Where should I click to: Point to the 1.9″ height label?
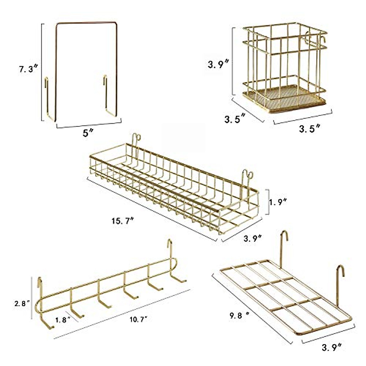(278, 202)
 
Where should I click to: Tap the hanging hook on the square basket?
(322, 40)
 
